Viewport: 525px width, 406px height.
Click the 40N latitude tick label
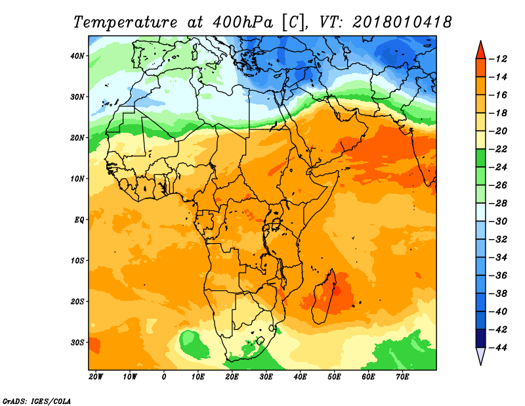[77, 56]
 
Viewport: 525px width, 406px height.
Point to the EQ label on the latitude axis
[79, 220]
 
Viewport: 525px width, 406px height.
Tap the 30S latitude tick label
[77, 343]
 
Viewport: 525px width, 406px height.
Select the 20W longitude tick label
[96, 377]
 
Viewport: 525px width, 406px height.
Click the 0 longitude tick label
[163, 377]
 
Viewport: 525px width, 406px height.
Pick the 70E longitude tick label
[402, 377]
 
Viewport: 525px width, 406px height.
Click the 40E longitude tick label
[300, 377]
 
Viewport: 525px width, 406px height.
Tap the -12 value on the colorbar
[498, 59]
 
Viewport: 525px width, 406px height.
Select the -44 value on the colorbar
[498, 348]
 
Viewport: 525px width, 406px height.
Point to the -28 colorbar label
[498, 204]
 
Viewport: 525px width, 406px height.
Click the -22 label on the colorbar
[498, 149]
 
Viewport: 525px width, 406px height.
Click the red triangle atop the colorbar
[480, 51]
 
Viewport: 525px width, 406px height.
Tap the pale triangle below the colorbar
[480, 355]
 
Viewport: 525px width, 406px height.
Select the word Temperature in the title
[125, 22]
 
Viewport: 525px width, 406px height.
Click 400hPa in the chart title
[243, 22]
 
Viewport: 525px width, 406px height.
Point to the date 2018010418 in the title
[402, 22]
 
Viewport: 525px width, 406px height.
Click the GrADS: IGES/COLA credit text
[37, 401]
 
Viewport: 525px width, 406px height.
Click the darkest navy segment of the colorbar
[480, 338]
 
